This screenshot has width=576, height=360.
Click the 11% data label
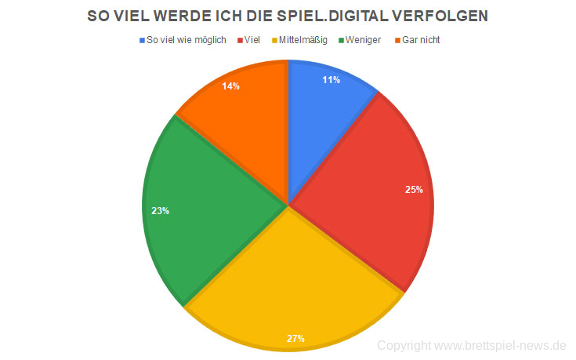(x=330, y=80)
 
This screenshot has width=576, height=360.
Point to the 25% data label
(x=414, y=189)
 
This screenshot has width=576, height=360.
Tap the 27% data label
(x=295, y=338)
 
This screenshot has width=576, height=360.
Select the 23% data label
(x=161, y=210)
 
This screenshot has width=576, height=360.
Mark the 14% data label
(x=230, y=86)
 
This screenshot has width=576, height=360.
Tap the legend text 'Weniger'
(x=364, y=39)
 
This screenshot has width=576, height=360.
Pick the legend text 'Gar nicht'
(x=422, y=39)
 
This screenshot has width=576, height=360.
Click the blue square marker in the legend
(x=141, y=39)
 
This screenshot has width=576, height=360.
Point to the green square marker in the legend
(x=342, y=39)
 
